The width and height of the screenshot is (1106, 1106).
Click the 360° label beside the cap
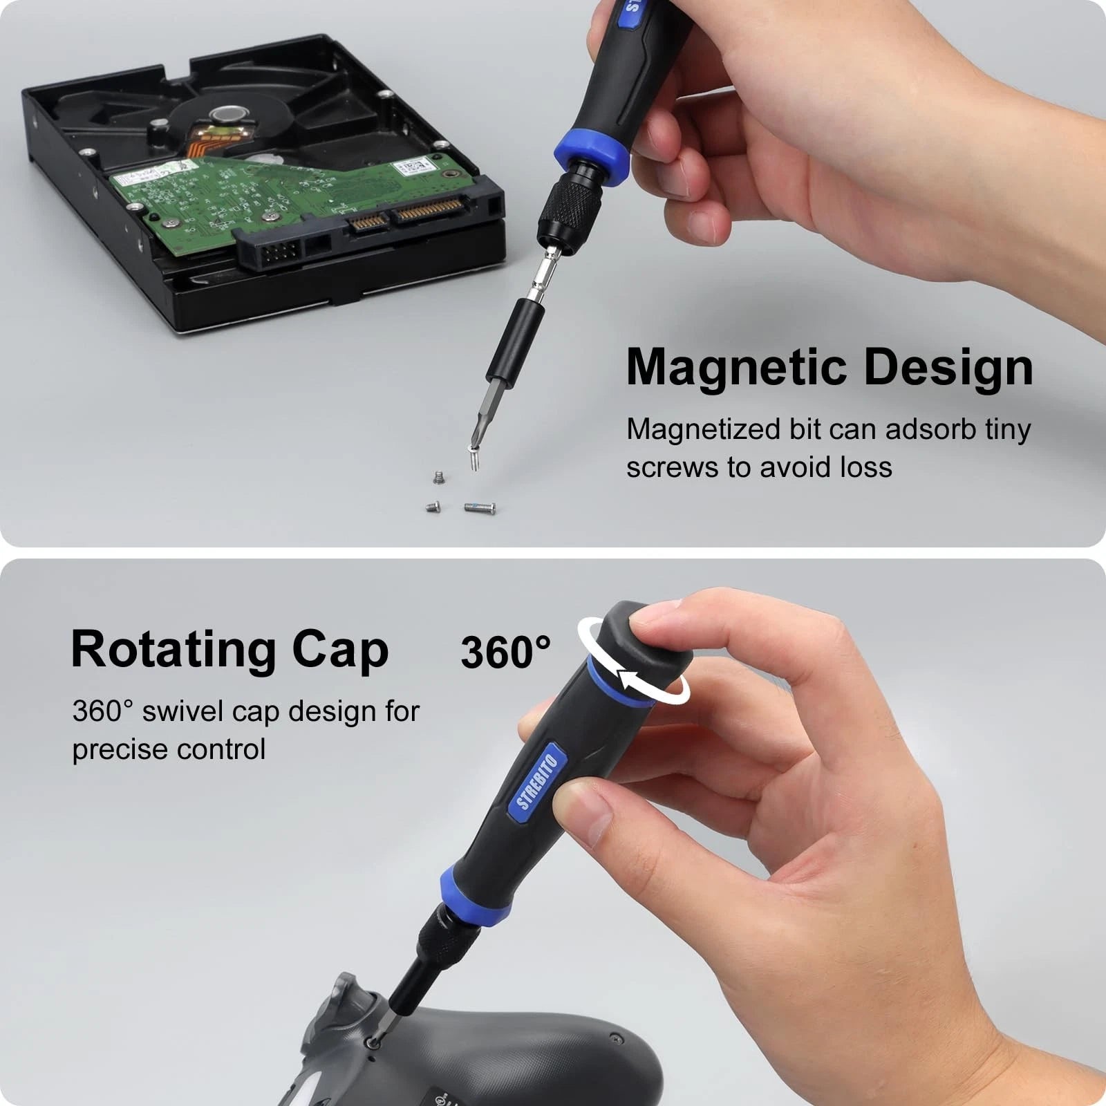coord(505,652)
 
